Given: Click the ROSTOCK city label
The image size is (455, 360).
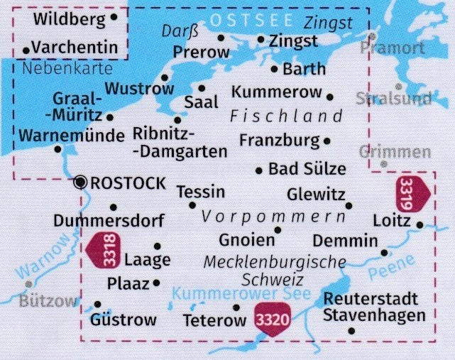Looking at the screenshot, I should [x=128, y=182].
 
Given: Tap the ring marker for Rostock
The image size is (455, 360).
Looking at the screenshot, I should [x=81, y=182].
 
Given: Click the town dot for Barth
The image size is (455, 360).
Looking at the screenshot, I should [x=275, y=69].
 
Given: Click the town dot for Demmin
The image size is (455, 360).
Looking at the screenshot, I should [x=385, y=252].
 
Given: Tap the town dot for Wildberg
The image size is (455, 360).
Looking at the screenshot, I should [x=114, y=17].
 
